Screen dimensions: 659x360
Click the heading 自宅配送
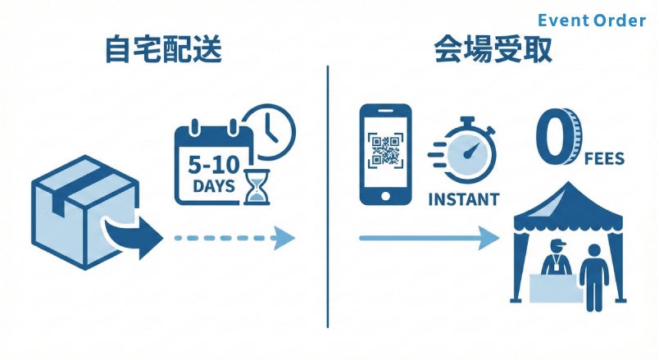[163, 51]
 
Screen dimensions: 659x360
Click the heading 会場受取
[492, 51]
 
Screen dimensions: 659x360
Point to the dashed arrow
[234, 238]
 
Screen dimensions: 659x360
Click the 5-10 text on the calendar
[216, 163]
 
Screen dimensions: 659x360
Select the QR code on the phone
[384, 152]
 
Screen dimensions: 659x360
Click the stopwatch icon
[468, 152]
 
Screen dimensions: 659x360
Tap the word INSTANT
[463, 199]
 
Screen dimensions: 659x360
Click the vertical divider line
[329, 197]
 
